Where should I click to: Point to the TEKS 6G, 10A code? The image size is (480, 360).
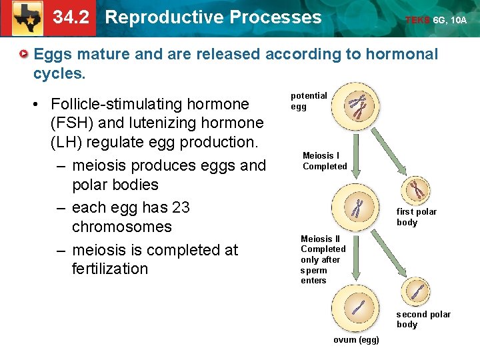coord(436,20)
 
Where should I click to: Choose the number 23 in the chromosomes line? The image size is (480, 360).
coord(180,207)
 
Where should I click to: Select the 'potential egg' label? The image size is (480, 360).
coord(308,101)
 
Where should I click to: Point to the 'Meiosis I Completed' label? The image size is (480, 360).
coord(325,161)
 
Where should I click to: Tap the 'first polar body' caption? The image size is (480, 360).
coord(417,217)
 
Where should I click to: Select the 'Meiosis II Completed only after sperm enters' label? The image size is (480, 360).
coord(323,259)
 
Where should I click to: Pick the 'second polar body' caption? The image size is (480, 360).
coord(423,319)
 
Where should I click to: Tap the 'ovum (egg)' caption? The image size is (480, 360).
coord(357,341)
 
